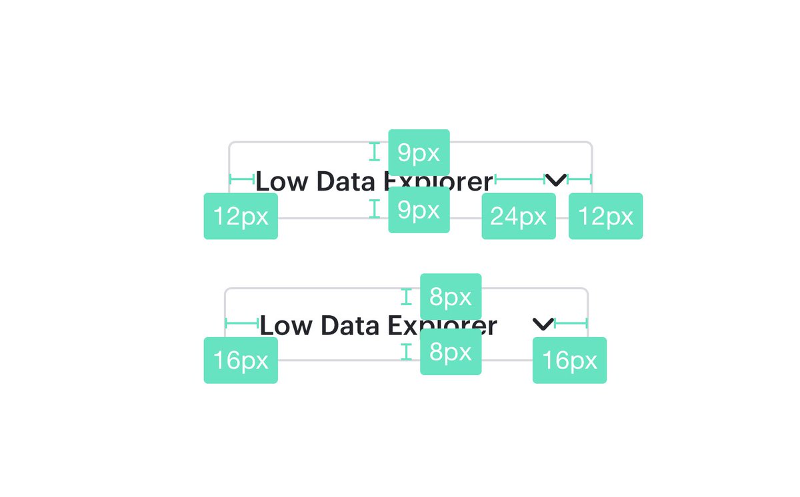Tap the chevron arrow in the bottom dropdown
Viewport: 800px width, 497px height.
(543, 324)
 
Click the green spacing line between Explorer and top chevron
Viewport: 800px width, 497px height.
(520, 179)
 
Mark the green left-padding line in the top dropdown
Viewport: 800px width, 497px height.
(242, 179)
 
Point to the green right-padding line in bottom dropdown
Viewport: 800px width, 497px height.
(571, 323)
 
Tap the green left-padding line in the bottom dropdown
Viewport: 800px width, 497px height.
(242, 323)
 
